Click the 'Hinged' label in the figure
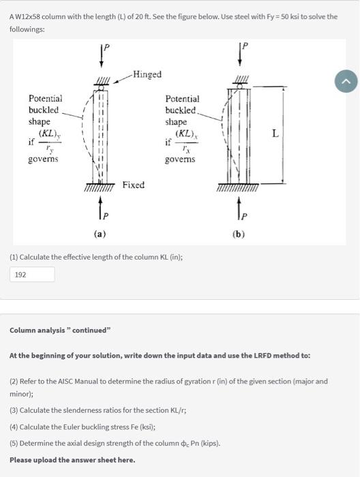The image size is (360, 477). pyautogui.click(x=147, y=74)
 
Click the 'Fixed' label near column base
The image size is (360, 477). pyautogui.click(x=134, y=185)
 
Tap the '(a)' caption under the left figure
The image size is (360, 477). pyautogui.click(x=100, y=233)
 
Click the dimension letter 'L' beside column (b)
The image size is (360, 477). pyautogui.click(x=275, y=134)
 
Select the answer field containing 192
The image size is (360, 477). pyautogui.click(x=32, y=275)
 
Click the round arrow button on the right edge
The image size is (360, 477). pyautogui.click(x=346, y=82)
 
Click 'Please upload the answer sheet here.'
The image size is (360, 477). pyautogui.click(x=72, y=459)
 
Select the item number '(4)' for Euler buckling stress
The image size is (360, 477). pyautogui.click(x=14, y=428)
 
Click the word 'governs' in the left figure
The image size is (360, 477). pyautogui.click(x=43, y=159)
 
